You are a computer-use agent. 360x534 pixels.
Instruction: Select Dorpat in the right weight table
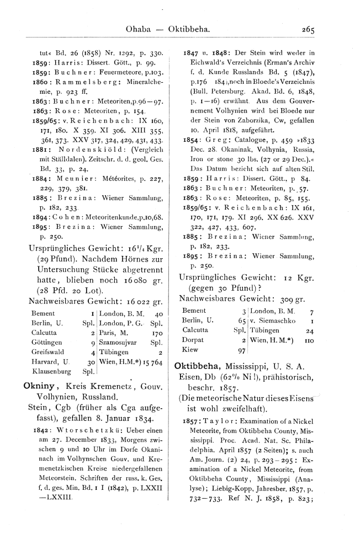[x=193, y=340]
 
